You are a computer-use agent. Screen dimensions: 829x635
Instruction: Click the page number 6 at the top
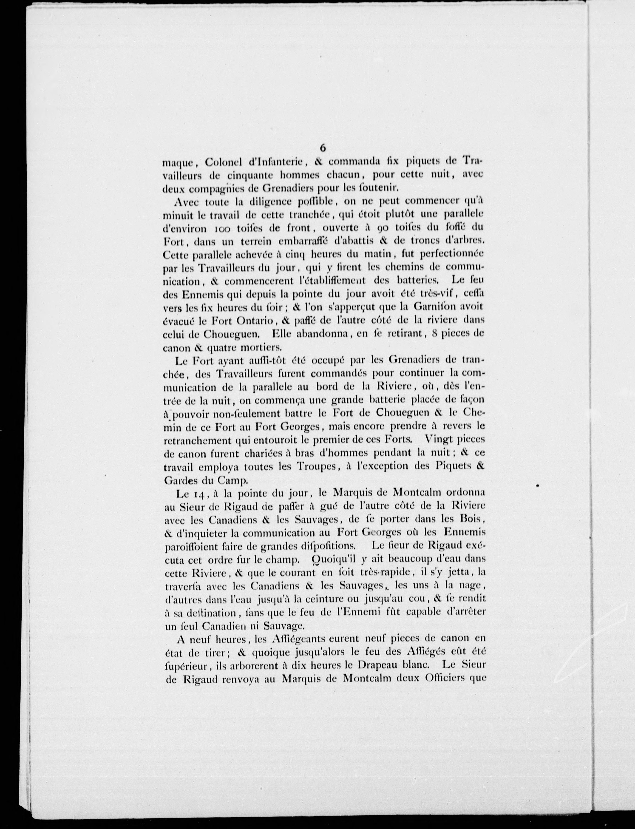(x=322, y=148)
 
